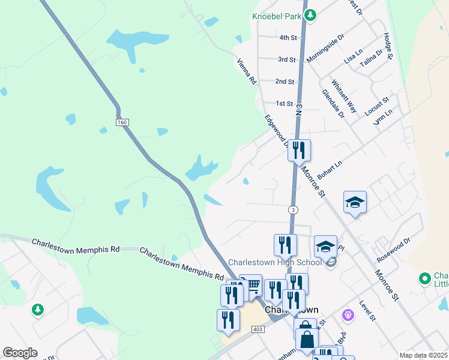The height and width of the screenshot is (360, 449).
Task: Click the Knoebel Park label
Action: click(276, 16)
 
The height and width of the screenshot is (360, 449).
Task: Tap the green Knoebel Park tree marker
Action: click(310, 15)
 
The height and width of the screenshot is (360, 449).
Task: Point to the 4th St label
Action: click(288, 37)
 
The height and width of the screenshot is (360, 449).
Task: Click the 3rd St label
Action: click(286, 59)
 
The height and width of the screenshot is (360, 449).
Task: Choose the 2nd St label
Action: click(285, 81)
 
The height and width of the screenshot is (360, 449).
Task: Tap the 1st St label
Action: click(283, 103)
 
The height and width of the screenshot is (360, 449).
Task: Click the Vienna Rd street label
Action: click(247, 71)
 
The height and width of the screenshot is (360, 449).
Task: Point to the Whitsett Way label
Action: click(344, 97)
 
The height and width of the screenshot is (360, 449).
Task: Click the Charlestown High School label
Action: click(275, 262)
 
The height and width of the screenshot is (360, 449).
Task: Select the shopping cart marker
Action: click(250, 284)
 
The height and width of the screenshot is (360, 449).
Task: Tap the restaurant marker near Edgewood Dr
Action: click(299, 150)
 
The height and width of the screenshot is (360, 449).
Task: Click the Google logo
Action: click(20, 353)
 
